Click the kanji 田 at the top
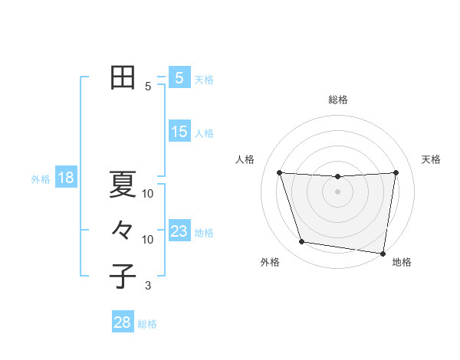123,77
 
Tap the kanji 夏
123,184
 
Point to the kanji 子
123,277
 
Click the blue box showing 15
179,132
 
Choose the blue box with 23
179,231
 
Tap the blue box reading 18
66,178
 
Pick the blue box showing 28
123,322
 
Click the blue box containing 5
179,77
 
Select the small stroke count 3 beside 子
148,286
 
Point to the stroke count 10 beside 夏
148,194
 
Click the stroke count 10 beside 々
148,240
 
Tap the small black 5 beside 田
148,87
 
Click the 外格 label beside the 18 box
41,179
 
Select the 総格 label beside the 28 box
147,324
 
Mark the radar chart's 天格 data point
396,172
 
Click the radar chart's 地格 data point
383,253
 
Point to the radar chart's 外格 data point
302,242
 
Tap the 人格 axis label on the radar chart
245,159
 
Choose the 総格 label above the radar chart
337,100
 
